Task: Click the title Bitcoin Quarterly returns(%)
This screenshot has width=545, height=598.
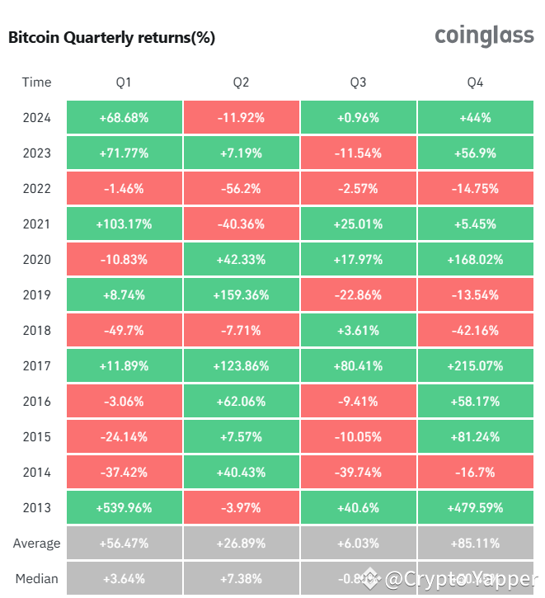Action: pos(111,38)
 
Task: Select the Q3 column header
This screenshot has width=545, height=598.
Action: pos(358,82)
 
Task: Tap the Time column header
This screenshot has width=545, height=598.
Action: pos(36,82)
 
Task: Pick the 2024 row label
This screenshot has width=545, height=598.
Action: pos(36,118)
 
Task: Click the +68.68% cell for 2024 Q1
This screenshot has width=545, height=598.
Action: pos(124,118)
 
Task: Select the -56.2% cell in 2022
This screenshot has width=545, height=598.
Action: pos(241,189)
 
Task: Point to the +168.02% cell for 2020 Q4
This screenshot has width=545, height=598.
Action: pos(475,260)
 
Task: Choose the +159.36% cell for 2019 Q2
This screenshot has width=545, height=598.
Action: pos(241,295)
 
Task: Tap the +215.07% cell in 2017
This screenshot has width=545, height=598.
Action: pos(475,366)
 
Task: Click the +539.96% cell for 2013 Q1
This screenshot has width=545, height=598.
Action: pos(124,508)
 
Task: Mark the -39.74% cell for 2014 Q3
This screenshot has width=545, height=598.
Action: pos(358,473)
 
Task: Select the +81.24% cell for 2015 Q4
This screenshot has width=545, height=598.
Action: pos(475,437)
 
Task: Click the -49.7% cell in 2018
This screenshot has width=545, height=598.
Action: pos(124,331)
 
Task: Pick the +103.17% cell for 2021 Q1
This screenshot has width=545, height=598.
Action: pos(124,224)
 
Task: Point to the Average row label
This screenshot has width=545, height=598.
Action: pos(36,544)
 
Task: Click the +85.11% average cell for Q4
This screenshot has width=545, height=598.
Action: pos(475,544)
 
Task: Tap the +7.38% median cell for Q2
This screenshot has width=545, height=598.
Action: pos(241,579)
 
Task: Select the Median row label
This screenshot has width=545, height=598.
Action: pos(36,579)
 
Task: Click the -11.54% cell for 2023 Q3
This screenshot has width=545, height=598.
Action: pos(358,153)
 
